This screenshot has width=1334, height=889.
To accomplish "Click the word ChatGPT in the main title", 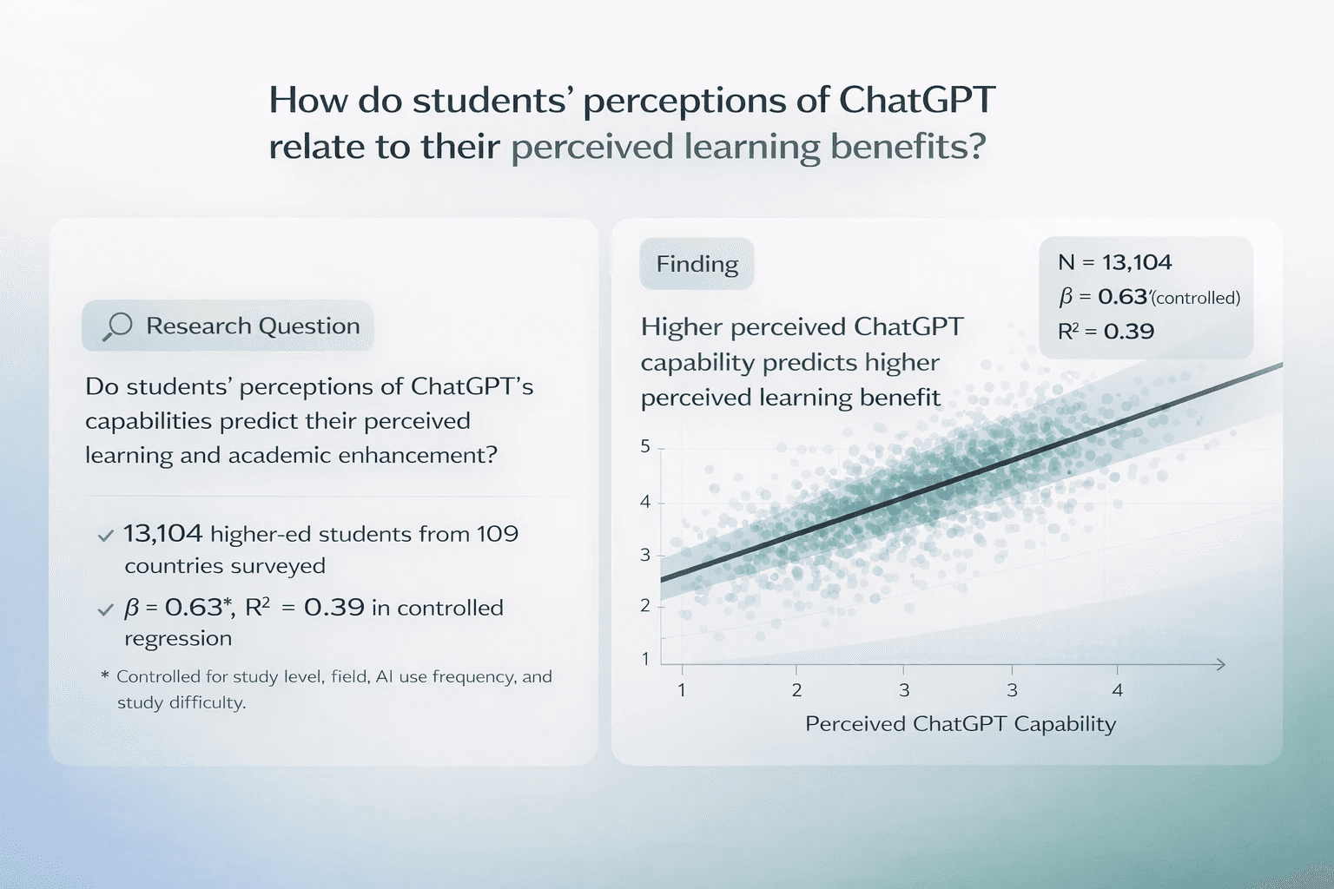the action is [x=917, y=100].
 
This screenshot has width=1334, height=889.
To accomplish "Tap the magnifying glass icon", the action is [x=117, y=326].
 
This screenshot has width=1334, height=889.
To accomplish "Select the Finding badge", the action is [x=697, y=264].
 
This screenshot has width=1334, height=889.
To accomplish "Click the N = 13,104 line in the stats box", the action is [x=1115, y=262].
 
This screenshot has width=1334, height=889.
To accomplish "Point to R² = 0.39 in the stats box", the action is [x=1106, y=331].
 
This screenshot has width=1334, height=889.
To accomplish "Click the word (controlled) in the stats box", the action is [x=1196, y=298].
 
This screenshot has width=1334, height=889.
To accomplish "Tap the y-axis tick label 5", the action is [x=645, y=446].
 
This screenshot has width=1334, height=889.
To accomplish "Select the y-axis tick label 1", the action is [x=645, y=659].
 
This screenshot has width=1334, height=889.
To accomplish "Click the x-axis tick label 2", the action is [x=796, y=690].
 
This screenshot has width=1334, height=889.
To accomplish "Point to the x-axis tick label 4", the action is [x=1117, y=690].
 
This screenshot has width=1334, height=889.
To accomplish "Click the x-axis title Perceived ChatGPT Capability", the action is [x=961, y=724].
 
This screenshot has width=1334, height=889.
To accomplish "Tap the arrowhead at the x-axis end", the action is [x=1219, y=664].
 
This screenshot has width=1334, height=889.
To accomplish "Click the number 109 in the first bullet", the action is [x=498, y=534].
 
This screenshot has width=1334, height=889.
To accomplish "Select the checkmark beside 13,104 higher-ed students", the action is [x=105, y=536].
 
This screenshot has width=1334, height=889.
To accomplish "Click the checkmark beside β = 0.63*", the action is [x=105, y=609].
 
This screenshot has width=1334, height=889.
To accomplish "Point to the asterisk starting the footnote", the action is [x=105, y=675].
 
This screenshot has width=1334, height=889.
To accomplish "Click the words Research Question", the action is [x=253, y=326].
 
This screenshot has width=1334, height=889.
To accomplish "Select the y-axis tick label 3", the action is [x=645, y=555].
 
